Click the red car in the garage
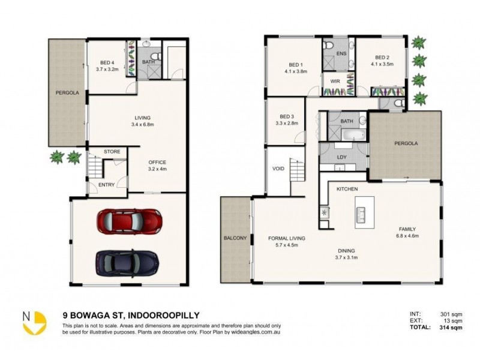(128, 220)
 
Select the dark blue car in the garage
(127, 261)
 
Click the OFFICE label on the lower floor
(157, 163)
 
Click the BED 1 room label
(295, 65)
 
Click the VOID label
(278, 169)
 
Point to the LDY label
(343, 158)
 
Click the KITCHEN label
(347, 189)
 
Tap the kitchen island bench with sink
(362, 211)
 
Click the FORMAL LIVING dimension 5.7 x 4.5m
(286, 245)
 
